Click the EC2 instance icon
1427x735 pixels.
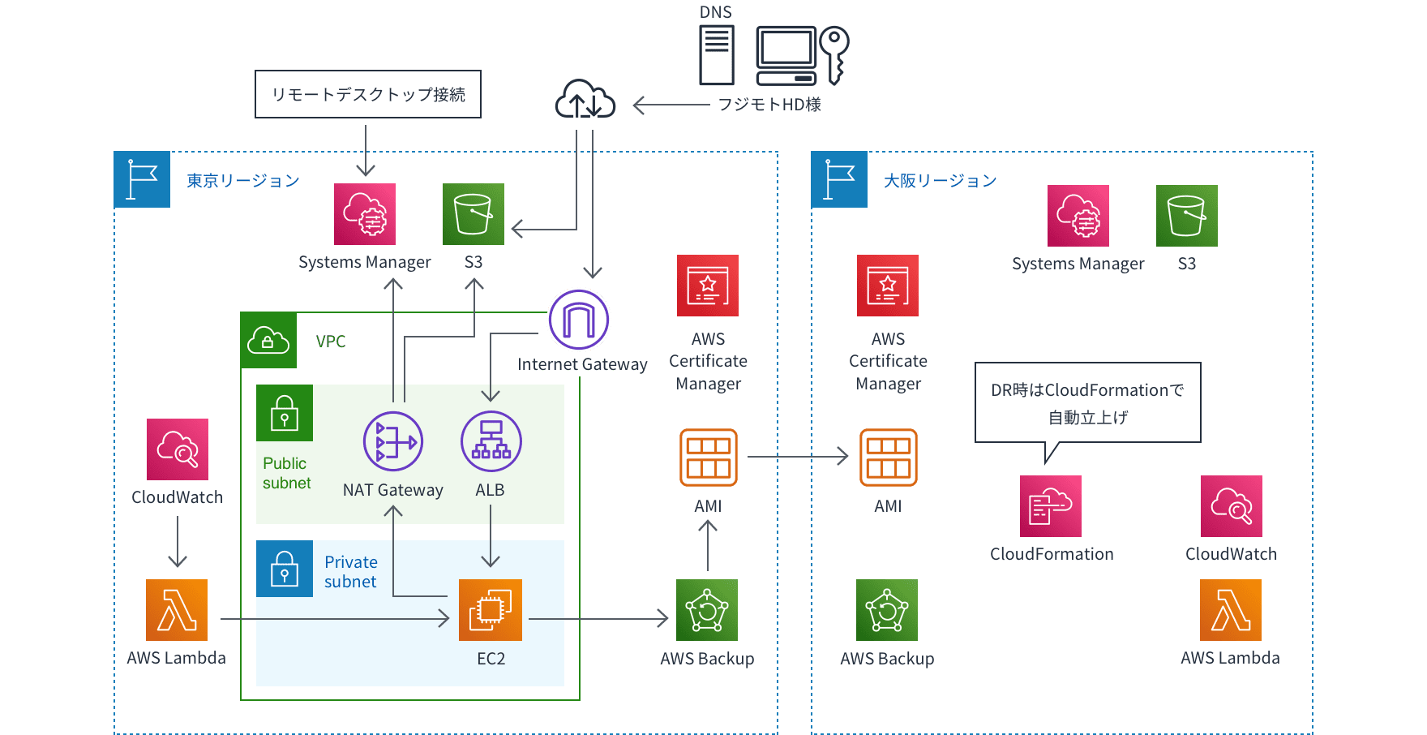pos(490,610)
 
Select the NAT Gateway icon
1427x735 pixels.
pos(393,441)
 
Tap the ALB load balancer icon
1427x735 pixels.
pos(491,441)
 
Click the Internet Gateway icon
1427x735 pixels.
pos(579,320)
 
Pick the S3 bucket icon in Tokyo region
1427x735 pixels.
pos(474,214)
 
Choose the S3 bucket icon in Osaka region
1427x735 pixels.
pos(1187,216)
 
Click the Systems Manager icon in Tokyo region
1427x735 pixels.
pos(365,214)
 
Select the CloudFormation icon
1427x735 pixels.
pos(1051,506)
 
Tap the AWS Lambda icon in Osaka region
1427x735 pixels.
pos(1231,610)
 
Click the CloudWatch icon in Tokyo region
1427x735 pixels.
pos(178,449)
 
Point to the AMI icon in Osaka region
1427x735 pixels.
pos(889,458)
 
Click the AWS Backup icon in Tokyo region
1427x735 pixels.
pos(707,610)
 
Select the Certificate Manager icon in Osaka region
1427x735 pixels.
pos(888,286)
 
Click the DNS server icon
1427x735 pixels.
pos(717,55)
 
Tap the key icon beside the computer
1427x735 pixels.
pos(834,55)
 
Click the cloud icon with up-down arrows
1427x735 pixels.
pos(585,99)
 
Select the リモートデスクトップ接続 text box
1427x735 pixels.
pos(368,94)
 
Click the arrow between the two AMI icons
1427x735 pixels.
pos(798,457)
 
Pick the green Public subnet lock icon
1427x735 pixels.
pos(285,413)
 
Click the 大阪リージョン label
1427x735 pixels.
pos(941,180)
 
